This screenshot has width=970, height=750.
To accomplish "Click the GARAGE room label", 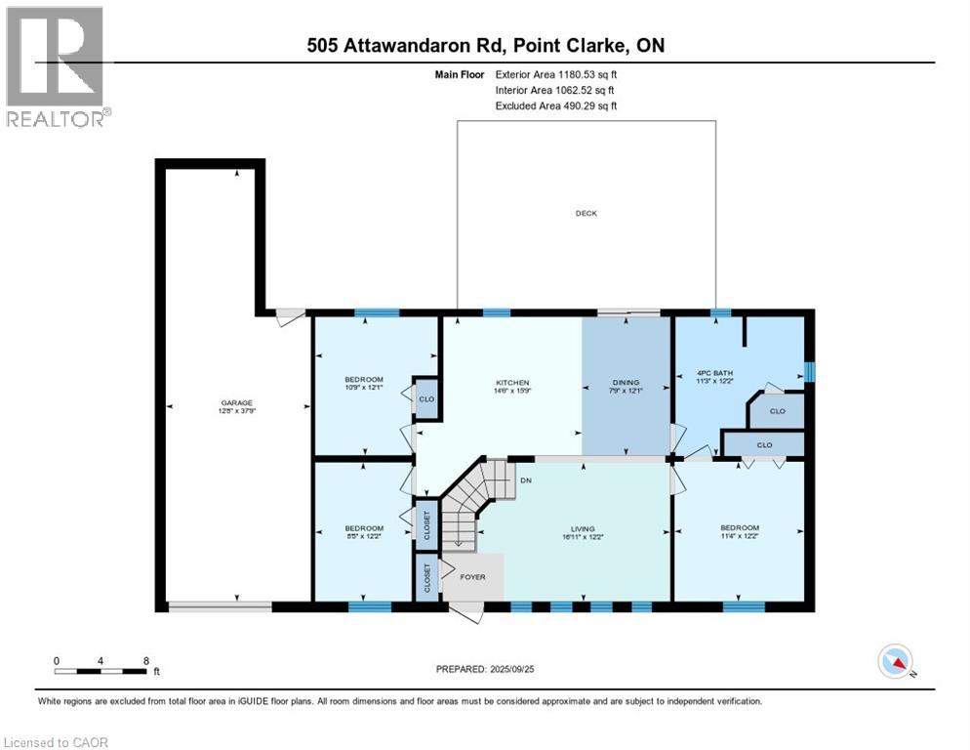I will pyautogui.click(x=236, y=402).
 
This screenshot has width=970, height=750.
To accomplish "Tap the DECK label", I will pyautogui.click(x=586, y=213).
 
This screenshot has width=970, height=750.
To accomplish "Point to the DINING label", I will pyautogui.click(x=626, y=383).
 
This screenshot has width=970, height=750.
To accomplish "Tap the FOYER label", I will pyautogui.click(x=472, y=577).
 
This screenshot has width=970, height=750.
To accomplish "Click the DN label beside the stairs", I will pyautogui.click(x=525, y=480).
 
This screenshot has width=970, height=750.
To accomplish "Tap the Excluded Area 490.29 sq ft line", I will pyautogui.click(x=556, y=105).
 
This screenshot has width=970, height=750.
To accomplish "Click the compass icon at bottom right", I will pyautogui.click(x=895, y=661).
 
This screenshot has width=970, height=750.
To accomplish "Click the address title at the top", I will pyautogui.click(x=484, y=45).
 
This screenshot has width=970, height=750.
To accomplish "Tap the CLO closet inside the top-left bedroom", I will pyautogui.click(x=425, y=398).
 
